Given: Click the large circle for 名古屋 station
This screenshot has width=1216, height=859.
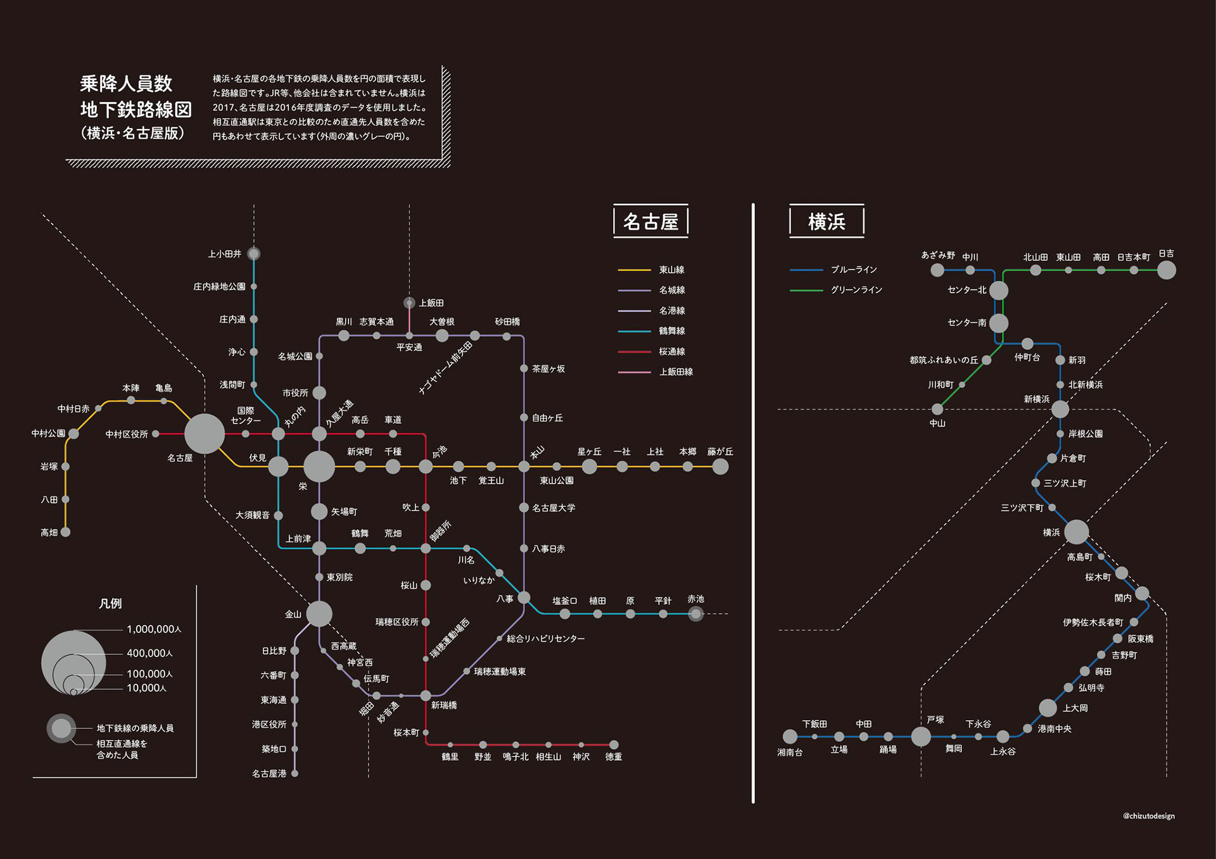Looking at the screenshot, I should click(x=204, y=434).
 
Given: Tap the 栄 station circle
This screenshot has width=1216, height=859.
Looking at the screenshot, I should click(x=319, y=467).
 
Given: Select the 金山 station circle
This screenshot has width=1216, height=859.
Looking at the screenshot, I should click(x=319, y=613).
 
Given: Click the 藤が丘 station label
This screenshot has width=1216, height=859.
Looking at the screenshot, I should click(x=720, y=451).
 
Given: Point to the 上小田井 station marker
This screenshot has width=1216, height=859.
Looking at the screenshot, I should click(x=254, y=254).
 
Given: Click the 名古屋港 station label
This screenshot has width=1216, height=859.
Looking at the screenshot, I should click(x=269, y=774).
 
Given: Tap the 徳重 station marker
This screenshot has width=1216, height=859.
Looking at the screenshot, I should click(x=614, y=745).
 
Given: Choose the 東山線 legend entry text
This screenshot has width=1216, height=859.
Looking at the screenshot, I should click(x=671, y=270).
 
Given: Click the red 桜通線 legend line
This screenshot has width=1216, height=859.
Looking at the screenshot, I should click(x=634, y=351).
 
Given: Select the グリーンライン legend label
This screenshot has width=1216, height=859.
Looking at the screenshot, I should click(x=856, y=290).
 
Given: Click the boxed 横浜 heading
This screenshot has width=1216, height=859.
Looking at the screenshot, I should click(x=826, y=222).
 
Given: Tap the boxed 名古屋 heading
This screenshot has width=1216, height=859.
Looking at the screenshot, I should click(x=650, y=222).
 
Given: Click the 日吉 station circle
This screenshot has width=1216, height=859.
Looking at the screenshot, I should click(x=1167, y=270).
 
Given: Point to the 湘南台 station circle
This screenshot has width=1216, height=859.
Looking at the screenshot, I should click(x=790, y=737).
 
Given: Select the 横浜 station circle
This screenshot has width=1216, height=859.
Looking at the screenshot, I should click(x=1077, y=532).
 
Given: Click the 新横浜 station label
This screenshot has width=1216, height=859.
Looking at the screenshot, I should click(x=1037, y=399).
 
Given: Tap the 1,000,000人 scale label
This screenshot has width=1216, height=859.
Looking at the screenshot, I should click(x=154, y=629).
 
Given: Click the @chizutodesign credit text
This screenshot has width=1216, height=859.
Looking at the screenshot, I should click(x=1148, y=816).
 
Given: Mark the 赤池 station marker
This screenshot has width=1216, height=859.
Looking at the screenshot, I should click(x=695, y=613).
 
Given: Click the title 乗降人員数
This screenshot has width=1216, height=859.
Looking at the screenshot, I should click(x=126, y=84).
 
